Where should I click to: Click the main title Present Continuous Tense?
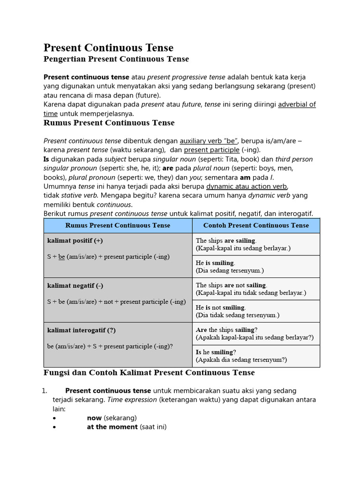click(x=108, y=48)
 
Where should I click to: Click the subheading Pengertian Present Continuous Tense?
click(x=116, y=59)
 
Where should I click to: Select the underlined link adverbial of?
click(x=297, y=105)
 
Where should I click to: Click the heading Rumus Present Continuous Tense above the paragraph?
click(x=109, y=123)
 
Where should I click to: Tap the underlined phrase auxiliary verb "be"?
click(x=210, y=141)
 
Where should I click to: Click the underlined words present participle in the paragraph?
click(x=211, y=150)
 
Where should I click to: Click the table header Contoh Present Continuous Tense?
click(x=256, y=225)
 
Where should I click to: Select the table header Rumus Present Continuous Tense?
click(x=118, y=225)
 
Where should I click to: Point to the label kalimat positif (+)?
click(x=75, y=241)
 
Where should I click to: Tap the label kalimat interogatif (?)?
click(x=82, y=330)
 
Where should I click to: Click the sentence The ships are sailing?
click(x=226, y=240)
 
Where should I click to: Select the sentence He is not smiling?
click(x=221, y=307)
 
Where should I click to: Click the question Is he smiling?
click(x=216, y=352)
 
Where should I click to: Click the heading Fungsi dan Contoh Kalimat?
click(x=149, y=373)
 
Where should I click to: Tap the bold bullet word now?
click(x=94, y=418)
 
